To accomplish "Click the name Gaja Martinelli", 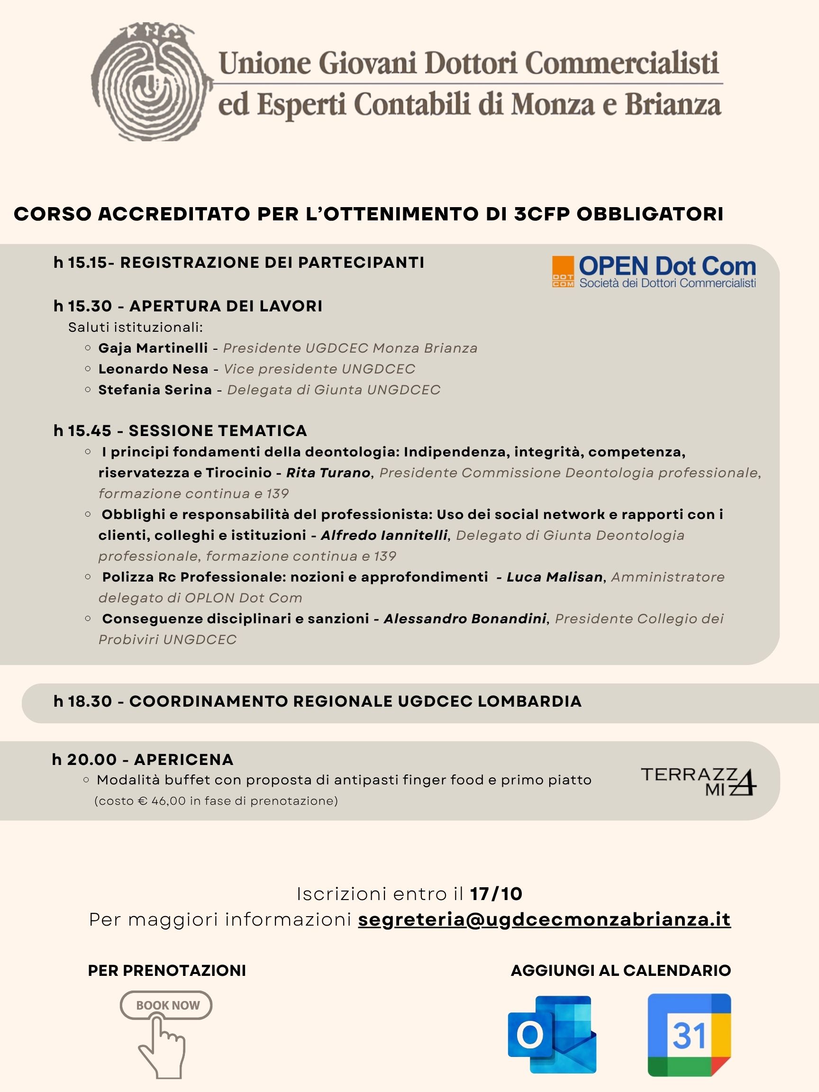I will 153,348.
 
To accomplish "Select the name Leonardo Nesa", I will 153,369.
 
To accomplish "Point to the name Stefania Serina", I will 155,390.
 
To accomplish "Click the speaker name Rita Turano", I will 328,473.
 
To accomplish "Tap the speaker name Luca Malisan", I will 555,577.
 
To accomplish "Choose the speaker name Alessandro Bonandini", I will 465,619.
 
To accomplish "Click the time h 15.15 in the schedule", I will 81,263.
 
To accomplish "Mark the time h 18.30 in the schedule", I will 83,701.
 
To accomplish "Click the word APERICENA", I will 183,759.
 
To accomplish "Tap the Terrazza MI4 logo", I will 699,782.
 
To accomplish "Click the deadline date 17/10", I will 496,894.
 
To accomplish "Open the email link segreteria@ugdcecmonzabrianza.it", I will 544,919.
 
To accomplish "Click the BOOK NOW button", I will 166,1005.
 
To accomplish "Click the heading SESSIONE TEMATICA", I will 218,431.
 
